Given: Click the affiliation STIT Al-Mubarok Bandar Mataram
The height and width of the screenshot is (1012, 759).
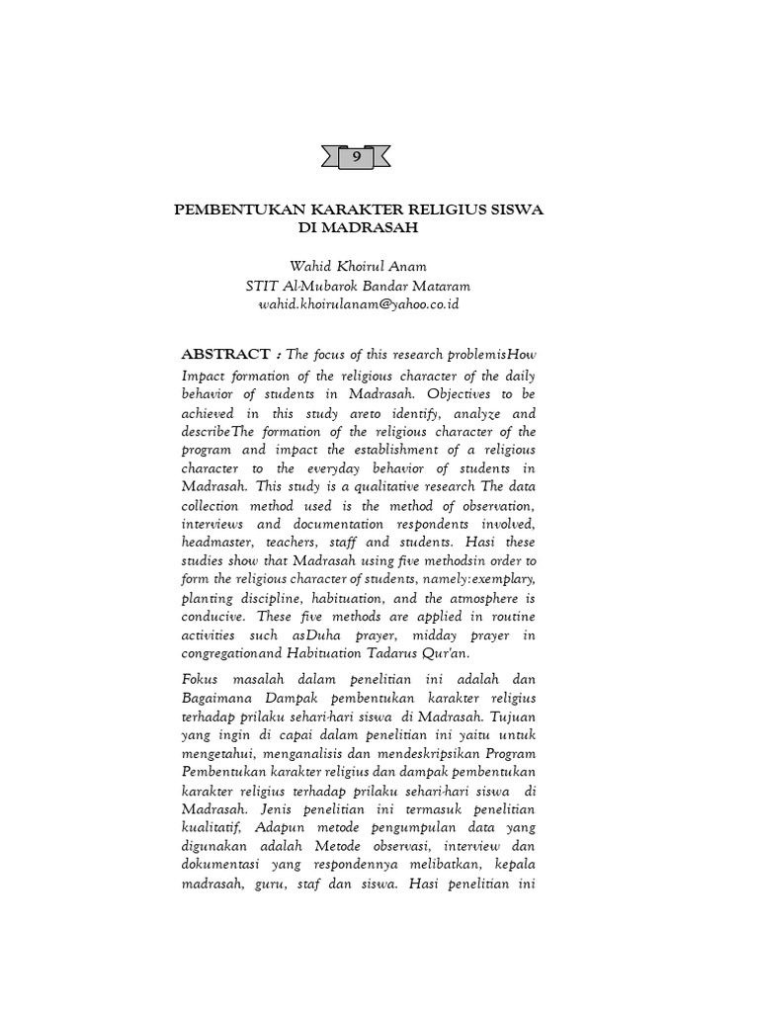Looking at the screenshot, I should (x=358, y=286).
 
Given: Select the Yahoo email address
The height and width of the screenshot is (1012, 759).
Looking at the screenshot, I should (x=358, y=304).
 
